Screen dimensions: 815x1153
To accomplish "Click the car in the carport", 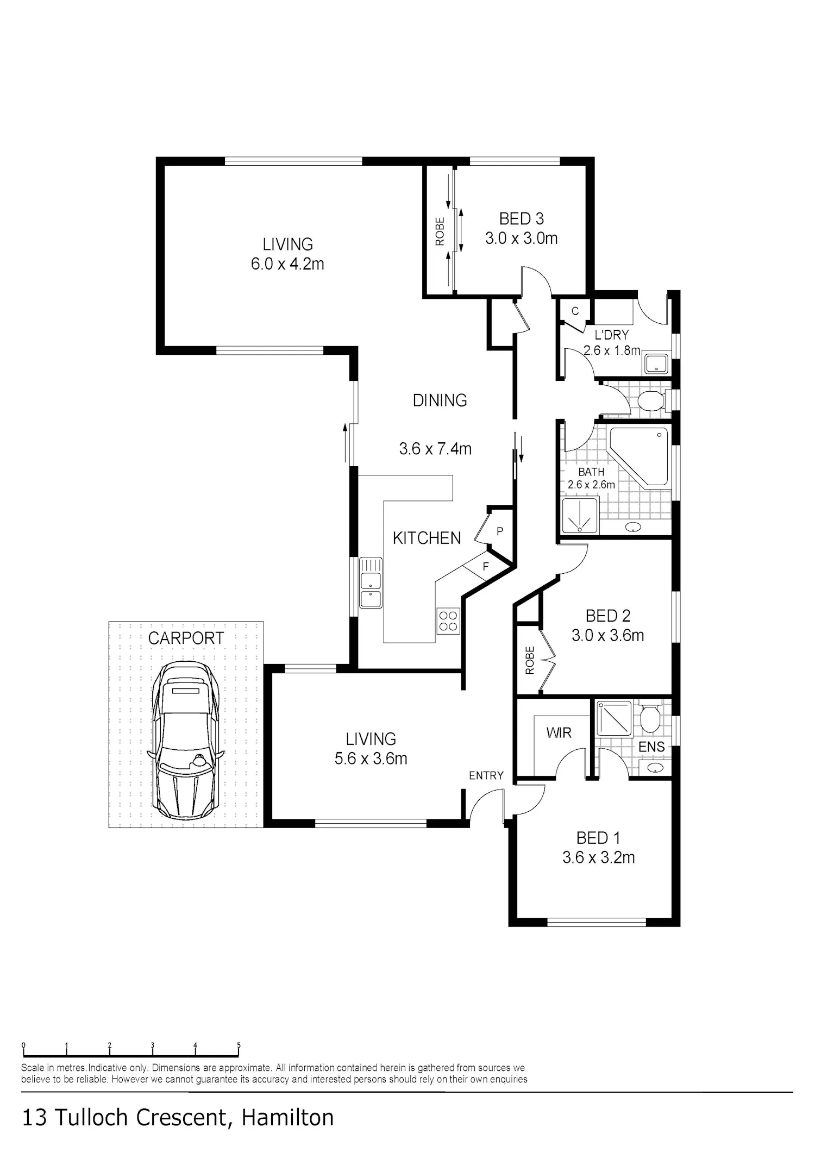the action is pyautogui.click(x=185, y=740).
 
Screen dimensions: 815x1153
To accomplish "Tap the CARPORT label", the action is pyautogui.click(x=186, y=638).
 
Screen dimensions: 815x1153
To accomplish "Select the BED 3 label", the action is pyautogui.click(x=522, y=218).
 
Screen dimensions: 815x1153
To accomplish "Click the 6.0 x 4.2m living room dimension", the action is pyautogui.click(x=287, y=264).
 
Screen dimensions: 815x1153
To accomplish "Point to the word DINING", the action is pyautogui.click(x=440, y=400).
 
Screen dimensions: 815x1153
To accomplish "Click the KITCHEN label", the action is pyautogui.click(x=427, y=538).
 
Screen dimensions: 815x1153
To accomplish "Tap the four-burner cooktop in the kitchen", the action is pyautogui.click(x=448, y=621).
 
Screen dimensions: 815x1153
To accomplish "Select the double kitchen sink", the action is pyautogui.click(x=371, y=582).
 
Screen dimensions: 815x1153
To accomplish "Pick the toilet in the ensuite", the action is pyautogui.click(x=650, y=718).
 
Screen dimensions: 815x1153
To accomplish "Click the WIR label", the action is pyautogui.click(x=559, y=733).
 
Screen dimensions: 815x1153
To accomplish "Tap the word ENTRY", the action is pyautogui.click(x=486, y=775).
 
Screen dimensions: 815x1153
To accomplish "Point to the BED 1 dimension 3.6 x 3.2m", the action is pyautogui.click(x=599, y=857).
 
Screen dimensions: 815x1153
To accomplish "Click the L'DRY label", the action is pyautogui.click(x=612, y=335).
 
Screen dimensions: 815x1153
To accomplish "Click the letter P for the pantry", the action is pyautogui.click(x=500, y=531).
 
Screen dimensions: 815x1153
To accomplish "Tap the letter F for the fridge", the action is pyautogui.click(x=486, y=567).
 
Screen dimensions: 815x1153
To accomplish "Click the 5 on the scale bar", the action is pyautogui.click(x=239, y=1045).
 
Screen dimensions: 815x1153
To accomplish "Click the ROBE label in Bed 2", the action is pyautogui.click(x=530, y=660).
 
